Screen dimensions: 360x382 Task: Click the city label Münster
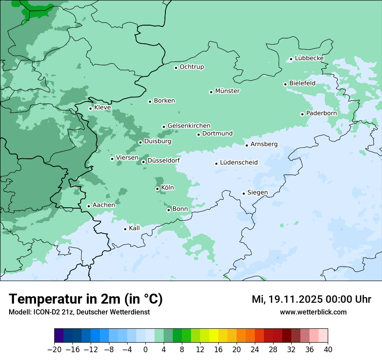click(x=227, y=91)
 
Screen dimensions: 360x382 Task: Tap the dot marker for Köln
click(x=157, y=189)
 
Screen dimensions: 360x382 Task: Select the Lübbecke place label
click(x=309, y=58)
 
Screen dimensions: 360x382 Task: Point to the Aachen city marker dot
click(x=89, y=206)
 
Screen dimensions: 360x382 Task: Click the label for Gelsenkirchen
click(x=189, y=126)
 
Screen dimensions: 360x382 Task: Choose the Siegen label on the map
click(x=257, y=193)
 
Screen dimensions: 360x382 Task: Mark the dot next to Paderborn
click(x=302, y=114)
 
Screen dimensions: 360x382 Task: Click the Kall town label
click(x=135, y=228)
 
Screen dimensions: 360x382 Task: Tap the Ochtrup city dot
click(x=176, y=67)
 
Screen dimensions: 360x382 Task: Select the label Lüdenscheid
click(x=239, y=163)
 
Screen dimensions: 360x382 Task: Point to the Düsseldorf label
click(x=164, y=161)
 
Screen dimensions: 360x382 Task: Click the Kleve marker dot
click(x=90, y=108)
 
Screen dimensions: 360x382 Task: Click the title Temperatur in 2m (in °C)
click(x=86, y=299)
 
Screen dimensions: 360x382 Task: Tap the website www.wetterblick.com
click(x=313, y=312)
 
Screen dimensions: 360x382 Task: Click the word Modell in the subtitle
click(x=19, y=312)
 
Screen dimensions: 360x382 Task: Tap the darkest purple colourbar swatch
click(x=59, y=336)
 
